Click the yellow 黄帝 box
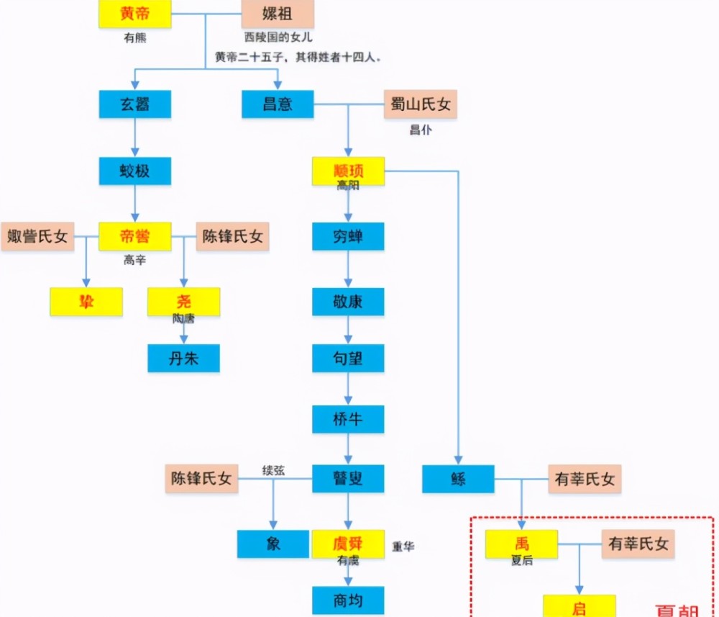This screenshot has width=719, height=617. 134,14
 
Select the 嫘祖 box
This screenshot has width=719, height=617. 278,14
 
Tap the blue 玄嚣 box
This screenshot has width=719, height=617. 134,104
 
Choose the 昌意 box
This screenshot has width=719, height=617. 278,104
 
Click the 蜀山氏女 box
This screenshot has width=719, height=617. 421,104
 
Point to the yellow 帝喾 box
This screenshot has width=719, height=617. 134,237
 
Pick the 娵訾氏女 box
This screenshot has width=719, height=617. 37,237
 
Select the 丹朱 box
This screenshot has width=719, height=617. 183,358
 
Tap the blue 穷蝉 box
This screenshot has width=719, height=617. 348,237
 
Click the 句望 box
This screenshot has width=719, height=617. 348,358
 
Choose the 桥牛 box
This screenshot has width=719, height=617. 348,419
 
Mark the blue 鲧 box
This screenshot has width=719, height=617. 458,479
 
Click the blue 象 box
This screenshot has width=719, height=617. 273,544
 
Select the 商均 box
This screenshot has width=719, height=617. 348,600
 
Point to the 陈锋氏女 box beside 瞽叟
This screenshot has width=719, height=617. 202,479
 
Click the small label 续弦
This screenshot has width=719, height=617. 273,471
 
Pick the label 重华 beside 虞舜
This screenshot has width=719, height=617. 403,546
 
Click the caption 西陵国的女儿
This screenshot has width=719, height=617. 278,37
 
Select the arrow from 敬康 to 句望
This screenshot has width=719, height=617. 348,330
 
